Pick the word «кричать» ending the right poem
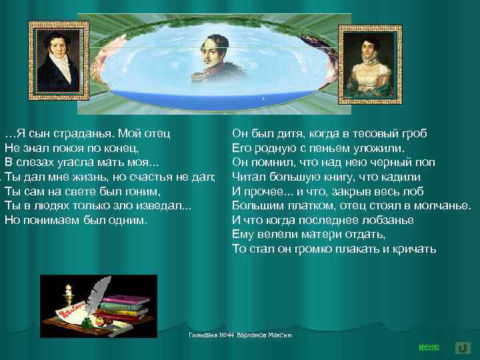415,249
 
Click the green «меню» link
428,347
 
